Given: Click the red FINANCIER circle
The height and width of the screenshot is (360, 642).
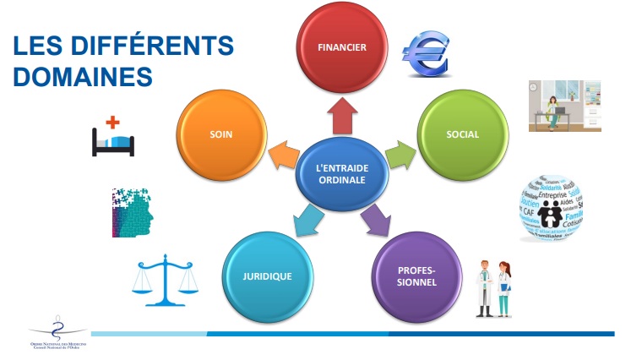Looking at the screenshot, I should click(x=342, y=48).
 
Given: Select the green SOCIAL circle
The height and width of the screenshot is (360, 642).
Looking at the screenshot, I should click(x=462, y=134).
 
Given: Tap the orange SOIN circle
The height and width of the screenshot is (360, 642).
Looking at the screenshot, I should click(x=221, y=134).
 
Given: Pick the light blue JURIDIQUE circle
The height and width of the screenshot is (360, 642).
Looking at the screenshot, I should click(x=268, y=276).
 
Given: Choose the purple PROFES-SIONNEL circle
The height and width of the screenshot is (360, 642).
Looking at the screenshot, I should click(x=416, y=276).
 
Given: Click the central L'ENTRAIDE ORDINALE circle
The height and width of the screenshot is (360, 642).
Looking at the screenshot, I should click(x=342, y=173).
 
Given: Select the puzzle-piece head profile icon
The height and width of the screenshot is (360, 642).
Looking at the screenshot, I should click(x=132, y=212).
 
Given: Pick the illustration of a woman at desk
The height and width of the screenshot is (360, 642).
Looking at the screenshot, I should click(x=552, y=106).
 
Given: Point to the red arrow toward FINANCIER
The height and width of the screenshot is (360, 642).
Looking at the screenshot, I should click(x=341, y=115).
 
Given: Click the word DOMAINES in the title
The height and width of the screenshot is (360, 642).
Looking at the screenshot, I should click(x=83, y=76).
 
